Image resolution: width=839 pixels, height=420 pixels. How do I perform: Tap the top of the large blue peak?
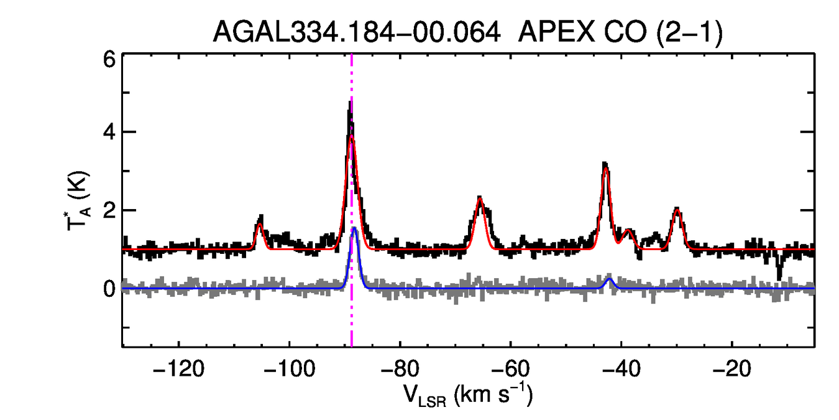pyautogui.click(x=354, y=228)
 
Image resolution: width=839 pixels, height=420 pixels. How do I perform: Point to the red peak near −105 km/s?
pyautogui.click(x=260, y=225)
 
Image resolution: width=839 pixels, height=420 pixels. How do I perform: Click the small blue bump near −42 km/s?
pyautogui.click(x=610, y=279)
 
